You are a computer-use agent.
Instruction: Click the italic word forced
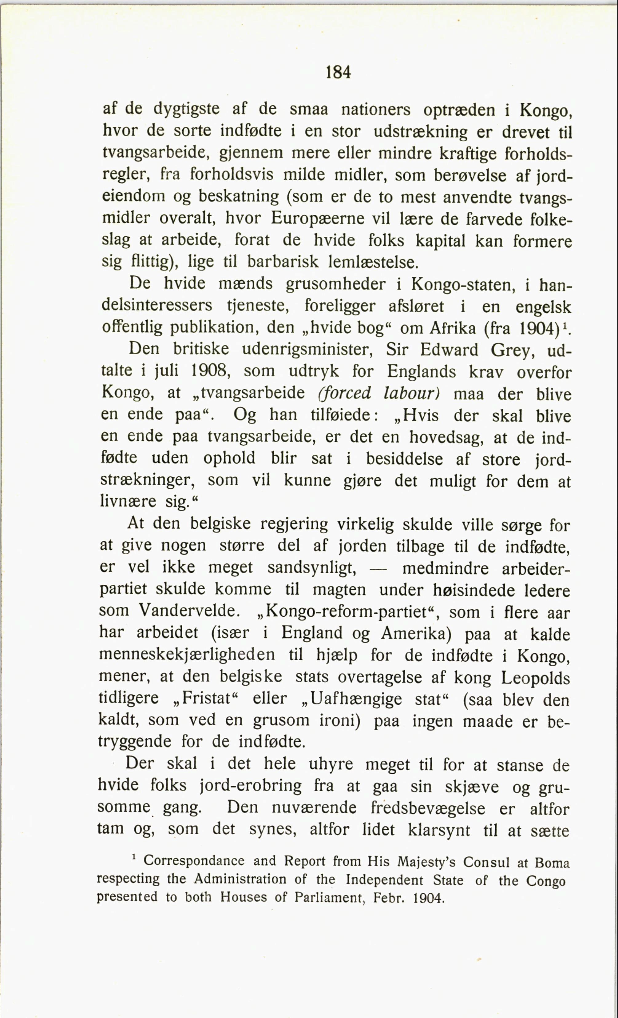[x=345, y=392]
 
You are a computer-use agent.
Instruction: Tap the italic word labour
[x=412, y=393]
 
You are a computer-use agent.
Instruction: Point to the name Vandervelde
[x=189, y=611]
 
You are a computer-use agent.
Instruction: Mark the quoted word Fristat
[x=206, y=698]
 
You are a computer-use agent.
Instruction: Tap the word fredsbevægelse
[x=428, y=808]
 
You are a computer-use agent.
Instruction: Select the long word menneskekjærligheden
[x=187, y=655]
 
